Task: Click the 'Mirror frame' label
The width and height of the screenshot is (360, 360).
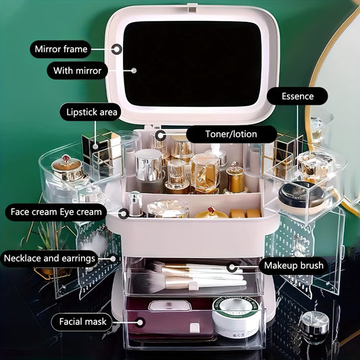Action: coord(61,49)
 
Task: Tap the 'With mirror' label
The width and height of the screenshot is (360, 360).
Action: coord(78,70)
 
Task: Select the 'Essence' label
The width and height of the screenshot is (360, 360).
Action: coord(298,96)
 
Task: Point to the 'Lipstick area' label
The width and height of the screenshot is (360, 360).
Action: coord(92,112)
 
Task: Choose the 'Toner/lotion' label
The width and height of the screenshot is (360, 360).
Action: coord(231,134)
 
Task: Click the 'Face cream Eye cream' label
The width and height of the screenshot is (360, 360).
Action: coord(56,212)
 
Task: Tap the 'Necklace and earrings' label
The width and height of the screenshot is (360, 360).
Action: coord(49,258)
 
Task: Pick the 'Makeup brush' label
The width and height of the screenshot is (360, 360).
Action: coord(294,265)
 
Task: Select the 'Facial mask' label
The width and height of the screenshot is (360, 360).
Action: coord(82,322)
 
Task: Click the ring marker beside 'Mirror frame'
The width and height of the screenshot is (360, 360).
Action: coord(117,49)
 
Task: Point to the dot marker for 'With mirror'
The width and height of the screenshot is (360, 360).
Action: coord(134,70)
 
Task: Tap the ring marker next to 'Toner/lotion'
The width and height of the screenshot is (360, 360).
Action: coord(161,135)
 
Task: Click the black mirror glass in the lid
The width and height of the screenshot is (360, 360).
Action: coord(192,63)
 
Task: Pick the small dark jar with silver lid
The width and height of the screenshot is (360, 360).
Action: coord(315,328)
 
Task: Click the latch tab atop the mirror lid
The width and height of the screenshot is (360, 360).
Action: coord(192,7)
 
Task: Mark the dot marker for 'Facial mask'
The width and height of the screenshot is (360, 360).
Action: coord(140,322)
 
